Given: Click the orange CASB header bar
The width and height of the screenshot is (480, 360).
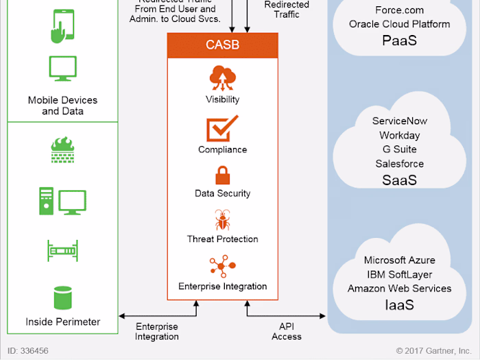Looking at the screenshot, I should click(222, 45).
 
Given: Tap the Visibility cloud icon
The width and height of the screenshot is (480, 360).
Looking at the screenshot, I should click(222, 78).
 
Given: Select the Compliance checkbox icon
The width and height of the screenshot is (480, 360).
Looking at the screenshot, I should click(222, 129).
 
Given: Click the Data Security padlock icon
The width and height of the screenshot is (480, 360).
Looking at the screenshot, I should click(222, 176).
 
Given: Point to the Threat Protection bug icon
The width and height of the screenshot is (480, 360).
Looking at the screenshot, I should click(222, 221).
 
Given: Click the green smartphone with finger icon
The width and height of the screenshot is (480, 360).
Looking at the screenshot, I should click(62, 27).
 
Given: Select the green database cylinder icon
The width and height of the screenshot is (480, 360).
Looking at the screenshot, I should click(62, 298).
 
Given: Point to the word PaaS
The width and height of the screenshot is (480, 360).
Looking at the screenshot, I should click(399, 41).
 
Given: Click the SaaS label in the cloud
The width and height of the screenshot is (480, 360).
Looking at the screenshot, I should click(399, 180).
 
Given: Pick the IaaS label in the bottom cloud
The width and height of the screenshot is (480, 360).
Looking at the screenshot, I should click(399, 305).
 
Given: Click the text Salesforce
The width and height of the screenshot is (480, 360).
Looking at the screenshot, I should click(399, 164).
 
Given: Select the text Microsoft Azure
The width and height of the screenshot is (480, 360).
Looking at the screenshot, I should click(399, 261).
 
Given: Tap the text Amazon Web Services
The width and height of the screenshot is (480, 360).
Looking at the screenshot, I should click(399, 289).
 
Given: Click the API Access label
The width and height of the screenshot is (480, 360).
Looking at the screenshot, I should click(286, 331).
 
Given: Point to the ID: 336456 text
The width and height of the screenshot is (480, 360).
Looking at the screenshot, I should click(28, 350).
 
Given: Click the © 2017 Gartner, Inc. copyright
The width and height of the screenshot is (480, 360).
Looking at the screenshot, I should click(434, 350).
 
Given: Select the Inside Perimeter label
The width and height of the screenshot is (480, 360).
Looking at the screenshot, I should click(62, 322).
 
